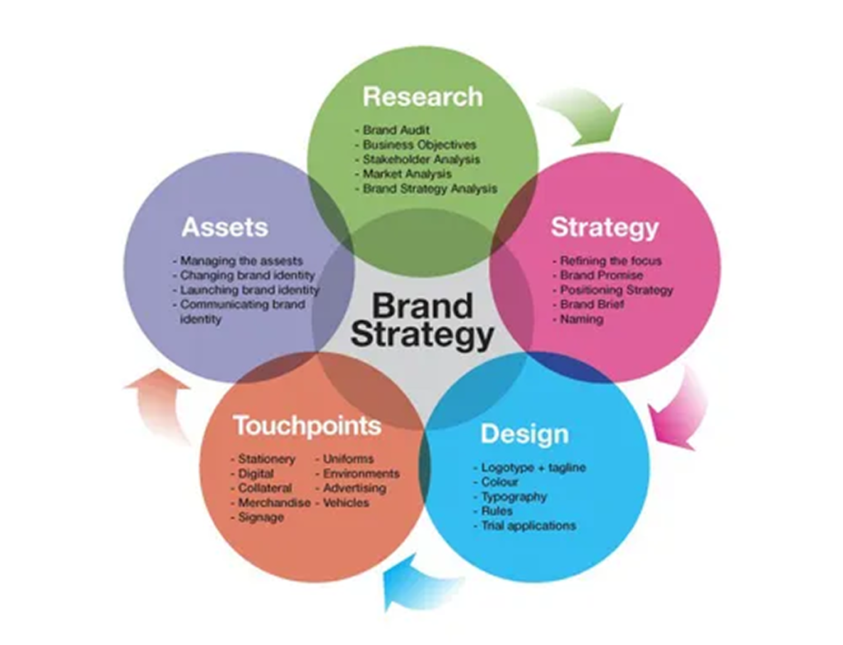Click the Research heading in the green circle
(x=422, y=97)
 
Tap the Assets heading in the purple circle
(x=225, y=227)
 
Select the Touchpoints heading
(x=308, y=425)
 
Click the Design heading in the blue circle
(x=524, y=434)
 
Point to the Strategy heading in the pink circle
(x=605, y=228)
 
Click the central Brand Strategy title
(x=422, y=319)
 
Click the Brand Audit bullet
(x=393, y=130)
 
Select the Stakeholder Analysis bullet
(x=417, y=160)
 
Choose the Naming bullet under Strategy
(x=578, y=319)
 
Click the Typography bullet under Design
(x=510, y=497)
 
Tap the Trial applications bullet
(x=524, y=527)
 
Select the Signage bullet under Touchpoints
(x=257, y=518)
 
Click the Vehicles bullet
(x=342, y=503)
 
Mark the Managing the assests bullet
(x=238, y=262)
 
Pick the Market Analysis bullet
(x=403, y=174)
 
